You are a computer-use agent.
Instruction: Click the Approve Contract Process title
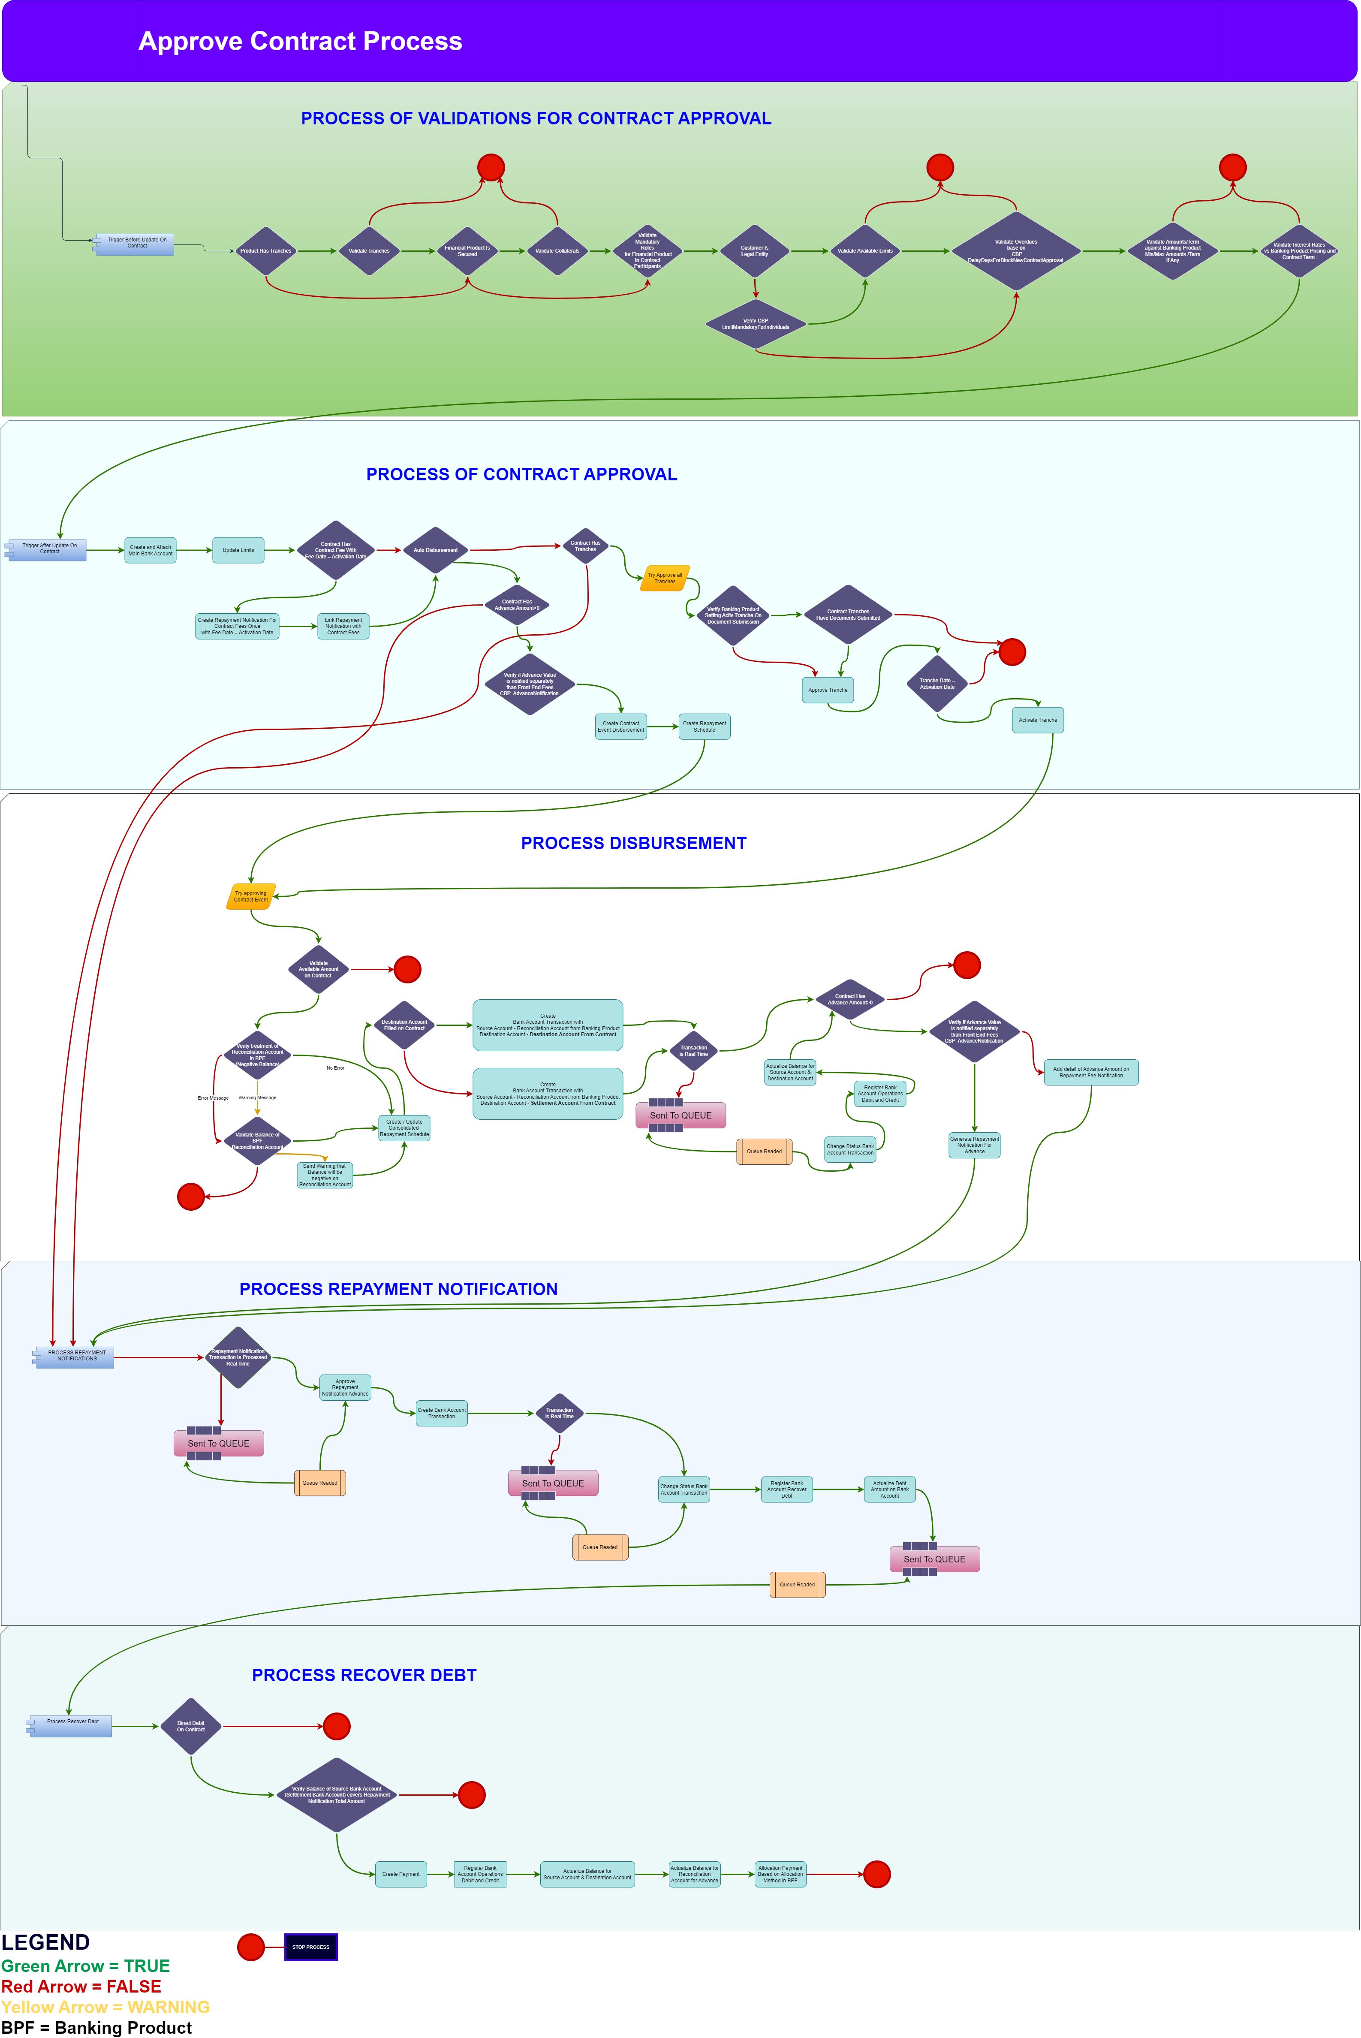coord(300,42)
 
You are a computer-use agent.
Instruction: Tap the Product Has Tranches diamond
coord(265,251)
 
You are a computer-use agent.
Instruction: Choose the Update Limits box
coord(238,550)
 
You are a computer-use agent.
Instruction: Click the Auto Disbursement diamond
coord(435,550)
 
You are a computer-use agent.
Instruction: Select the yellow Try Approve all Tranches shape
coord(665,578)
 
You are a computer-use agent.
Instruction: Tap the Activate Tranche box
coord(1037,720)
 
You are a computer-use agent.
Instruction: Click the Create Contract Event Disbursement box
coord(620,727)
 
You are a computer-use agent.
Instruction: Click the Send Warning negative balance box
coord(325,1175)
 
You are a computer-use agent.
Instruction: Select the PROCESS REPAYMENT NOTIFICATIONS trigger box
coord(75,1357)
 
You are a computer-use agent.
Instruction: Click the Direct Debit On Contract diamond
coord(191,1726)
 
